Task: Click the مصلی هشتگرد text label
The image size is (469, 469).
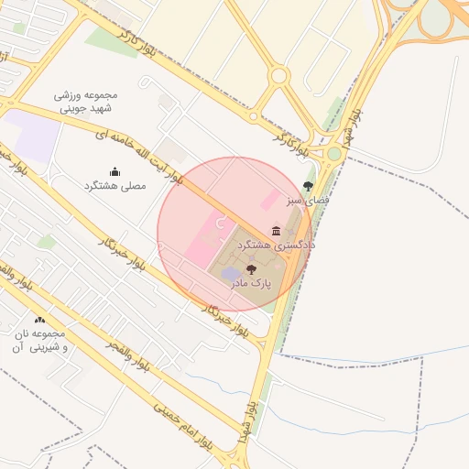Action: coord(115,186)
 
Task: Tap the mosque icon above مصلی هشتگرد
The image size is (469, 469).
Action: coord(115,171)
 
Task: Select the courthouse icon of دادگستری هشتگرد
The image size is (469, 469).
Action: coord(277,230)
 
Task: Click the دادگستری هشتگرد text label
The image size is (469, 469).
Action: coord(276,246)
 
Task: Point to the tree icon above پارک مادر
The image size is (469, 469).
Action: coord(252,269)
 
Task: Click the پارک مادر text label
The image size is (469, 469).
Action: coord(252,285)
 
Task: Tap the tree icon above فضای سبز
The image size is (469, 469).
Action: coord(308,186)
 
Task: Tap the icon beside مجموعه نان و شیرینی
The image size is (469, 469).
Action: coord(39,320)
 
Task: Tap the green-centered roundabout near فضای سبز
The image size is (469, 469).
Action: coord(334,154)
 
